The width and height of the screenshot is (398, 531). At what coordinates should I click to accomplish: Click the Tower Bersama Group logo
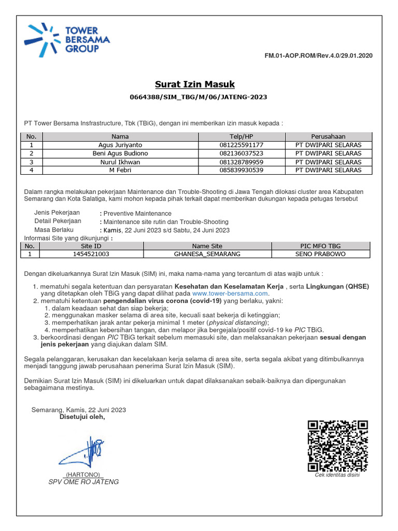(67, 39)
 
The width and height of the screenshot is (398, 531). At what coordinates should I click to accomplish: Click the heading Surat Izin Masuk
(195, 84)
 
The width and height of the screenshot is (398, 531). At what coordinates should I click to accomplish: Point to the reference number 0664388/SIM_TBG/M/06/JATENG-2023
(198, 97)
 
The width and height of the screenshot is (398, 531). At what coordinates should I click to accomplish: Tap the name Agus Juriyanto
(120, 145)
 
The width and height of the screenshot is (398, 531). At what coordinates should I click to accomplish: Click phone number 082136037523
(241, 153)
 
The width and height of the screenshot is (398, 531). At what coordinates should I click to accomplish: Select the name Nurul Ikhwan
(120, 162)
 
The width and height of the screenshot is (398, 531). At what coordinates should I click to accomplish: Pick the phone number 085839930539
(241, 170)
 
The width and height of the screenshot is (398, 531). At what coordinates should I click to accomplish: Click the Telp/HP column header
(241, 136)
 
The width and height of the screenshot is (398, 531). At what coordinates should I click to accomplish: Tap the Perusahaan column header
(328, 136)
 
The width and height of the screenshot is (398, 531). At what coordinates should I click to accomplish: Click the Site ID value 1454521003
(91, 254)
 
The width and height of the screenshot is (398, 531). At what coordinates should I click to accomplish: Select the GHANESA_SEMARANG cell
(207, 254)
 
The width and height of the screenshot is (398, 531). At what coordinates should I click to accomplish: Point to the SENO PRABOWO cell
(320, 254)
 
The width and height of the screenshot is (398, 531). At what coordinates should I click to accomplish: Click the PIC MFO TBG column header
(320, 246)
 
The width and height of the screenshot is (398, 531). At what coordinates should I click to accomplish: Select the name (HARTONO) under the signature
(83, 474)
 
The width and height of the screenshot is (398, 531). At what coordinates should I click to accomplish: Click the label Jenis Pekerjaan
(57, 213)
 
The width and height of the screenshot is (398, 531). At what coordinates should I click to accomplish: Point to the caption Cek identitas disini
(337, 475)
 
